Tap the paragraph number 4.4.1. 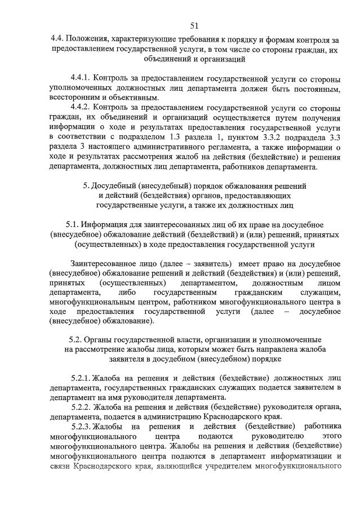click(x=79, y=77)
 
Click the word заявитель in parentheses click(x=211, y=264)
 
